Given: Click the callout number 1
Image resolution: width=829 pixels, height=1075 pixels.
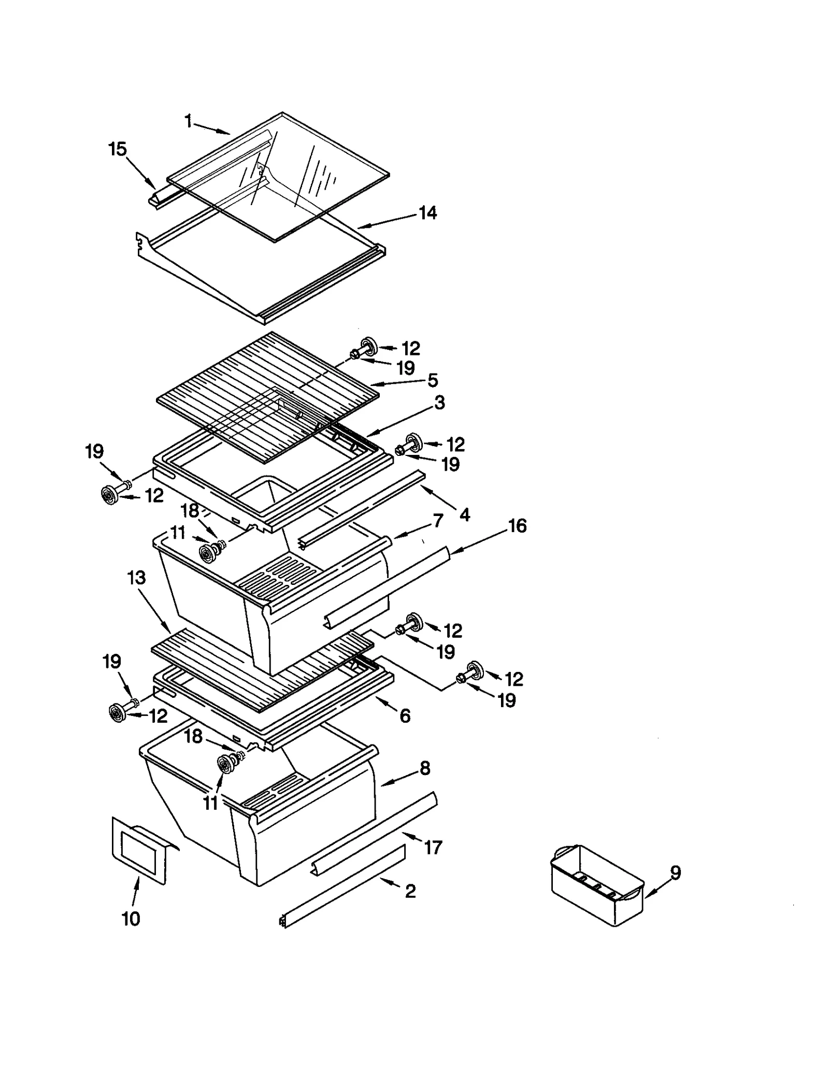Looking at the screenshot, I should (189, 122).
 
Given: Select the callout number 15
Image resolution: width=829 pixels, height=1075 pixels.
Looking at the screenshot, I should (118, 149).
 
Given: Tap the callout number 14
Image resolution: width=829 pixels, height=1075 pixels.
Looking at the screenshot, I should (427, 212).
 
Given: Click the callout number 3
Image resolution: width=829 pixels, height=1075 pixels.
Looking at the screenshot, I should (439, 403).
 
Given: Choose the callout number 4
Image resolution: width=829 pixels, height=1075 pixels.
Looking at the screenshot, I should (465, 514).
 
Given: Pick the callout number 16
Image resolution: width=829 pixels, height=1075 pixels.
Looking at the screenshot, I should (517, 526).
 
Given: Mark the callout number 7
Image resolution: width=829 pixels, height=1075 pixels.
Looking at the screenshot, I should (438, 521).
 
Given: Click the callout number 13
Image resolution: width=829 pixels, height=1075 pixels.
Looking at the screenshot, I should (137, 578).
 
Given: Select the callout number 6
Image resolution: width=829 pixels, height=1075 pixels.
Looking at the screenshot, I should (405, 716).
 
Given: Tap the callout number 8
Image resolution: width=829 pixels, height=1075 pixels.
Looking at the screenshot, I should (425, 768).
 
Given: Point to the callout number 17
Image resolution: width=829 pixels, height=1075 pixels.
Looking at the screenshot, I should (433, 848).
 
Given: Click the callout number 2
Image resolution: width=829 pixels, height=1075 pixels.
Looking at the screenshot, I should (410, 892).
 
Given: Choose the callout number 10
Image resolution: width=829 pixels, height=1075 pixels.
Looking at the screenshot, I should (131, 919).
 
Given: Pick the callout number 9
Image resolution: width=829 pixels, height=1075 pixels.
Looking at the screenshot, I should (675, 873).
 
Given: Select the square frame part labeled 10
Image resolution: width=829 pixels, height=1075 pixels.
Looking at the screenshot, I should (139, 850).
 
